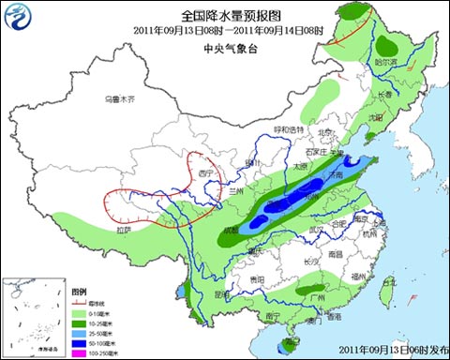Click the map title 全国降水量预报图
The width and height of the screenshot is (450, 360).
click(x=225, y=14)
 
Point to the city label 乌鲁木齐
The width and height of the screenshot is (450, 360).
click(x=119, y=98)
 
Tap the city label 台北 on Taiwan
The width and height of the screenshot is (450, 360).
click(x=392, y=280)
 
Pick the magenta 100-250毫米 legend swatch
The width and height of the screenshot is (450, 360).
click(x=81, y=349)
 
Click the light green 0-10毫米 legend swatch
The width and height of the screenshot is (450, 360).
click(x=81, y=312)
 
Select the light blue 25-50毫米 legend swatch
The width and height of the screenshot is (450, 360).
click(x=81, y=330)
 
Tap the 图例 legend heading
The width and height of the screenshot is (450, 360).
click(x=82, y=292)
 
